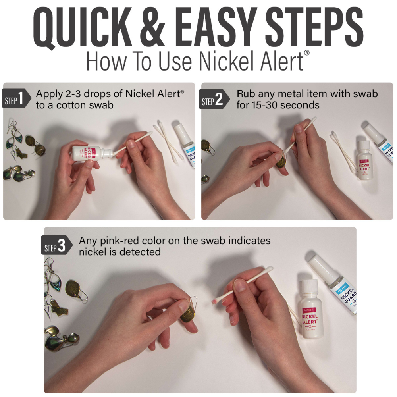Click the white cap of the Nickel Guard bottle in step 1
pyautogui.click(x=180, y=131)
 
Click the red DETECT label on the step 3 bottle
pyautogui.click(x=308, y=310)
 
